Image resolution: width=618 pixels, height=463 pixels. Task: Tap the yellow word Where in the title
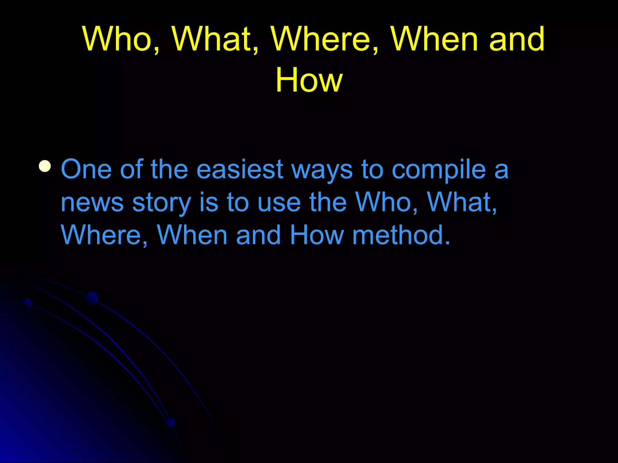324,39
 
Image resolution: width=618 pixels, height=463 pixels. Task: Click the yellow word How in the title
309,80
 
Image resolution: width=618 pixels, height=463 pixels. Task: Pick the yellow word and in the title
517,39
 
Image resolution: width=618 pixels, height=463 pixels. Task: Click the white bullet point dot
45,166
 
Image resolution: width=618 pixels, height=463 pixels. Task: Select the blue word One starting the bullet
86,169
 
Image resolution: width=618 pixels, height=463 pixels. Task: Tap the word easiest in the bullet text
240,169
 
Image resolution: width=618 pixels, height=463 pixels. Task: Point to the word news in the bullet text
92,203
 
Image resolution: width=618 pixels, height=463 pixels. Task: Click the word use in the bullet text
279,203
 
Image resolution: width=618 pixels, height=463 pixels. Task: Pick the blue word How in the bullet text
317,235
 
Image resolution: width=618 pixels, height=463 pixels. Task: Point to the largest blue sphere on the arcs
91,298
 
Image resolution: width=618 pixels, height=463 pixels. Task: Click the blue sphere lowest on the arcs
170,421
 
